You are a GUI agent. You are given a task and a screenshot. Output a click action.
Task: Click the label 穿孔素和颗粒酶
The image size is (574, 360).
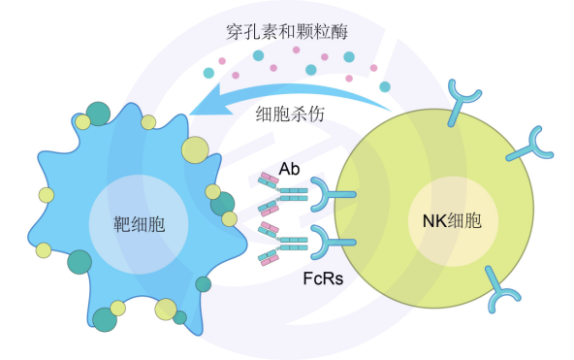point(287,32)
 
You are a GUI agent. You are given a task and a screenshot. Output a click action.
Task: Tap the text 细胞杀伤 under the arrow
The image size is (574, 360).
point(290,115)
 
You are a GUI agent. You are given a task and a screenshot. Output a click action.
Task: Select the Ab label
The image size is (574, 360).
point(289,169)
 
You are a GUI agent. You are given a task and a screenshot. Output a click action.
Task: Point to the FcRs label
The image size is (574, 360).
point(323,278)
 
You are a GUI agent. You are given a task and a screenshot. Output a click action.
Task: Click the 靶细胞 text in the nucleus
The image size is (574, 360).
point(139,224)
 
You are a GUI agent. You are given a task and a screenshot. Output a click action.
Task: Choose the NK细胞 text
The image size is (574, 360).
point(452,221)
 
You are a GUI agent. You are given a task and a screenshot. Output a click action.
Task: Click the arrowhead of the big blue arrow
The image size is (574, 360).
point(210,101)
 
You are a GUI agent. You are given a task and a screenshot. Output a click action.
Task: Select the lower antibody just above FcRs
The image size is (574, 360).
point(282,244)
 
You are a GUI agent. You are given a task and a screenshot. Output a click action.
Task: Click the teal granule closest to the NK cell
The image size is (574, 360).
point(385,86)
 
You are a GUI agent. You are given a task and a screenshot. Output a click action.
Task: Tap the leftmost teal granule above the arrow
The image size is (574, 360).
point(208,73)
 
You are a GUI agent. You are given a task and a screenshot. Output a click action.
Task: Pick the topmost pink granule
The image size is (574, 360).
point(296,49)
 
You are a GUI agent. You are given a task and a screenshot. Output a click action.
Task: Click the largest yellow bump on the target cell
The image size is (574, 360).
point(196,149)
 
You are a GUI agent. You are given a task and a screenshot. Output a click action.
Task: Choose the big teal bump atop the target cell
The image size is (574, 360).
point(98,114)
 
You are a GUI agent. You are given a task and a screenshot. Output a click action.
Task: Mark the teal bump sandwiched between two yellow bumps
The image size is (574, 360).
point(223,204)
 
